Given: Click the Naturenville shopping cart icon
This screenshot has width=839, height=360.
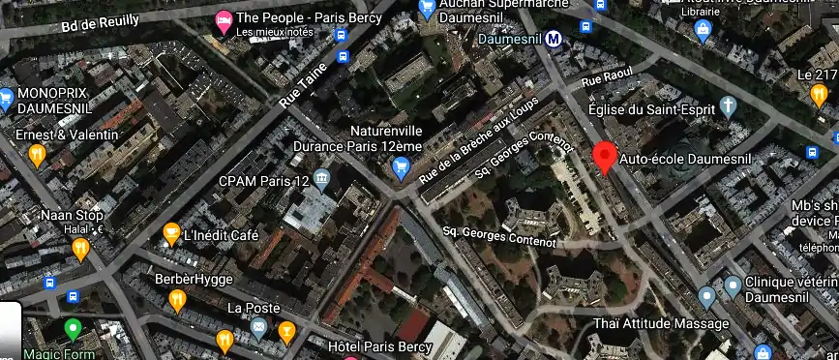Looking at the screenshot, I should click(x=401, y=168).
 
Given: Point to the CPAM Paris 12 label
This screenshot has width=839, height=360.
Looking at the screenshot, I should click(x=263, y=181).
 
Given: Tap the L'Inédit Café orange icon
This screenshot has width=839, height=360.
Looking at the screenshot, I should click(x=171, y=235).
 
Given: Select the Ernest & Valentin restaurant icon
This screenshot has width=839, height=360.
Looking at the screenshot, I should click(x=38, y=153).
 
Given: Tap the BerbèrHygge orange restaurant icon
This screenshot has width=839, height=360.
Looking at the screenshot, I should click(x=177, y=300).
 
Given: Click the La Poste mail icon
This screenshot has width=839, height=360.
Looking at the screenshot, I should click(x=258, y=328).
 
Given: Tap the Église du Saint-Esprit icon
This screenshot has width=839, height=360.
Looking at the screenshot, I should click(x=729, y=105).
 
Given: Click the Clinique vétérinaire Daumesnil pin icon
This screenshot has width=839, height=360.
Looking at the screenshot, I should click(x=733, y=285).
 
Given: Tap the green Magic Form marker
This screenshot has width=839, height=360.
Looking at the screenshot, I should click(x=72, y=329).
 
